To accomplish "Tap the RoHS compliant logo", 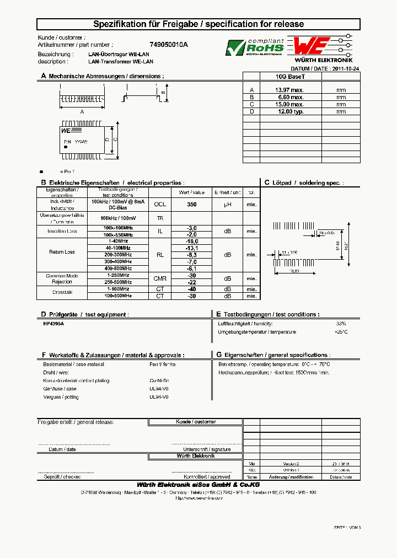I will (x=254, y=47).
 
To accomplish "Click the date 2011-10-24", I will (x=346, y=68).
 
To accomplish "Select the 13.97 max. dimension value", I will (x=289, y=89).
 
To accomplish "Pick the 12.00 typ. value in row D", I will (x=289, y=111).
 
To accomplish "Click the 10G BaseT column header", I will (x=289, y=77).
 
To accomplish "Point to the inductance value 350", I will (x=192, y=204).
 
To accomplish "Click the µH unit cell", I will (x=227, y=204).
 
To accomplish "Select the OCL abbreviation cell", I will (x=160, y=204).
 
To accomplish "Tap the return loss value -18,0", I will (x=192, y=242).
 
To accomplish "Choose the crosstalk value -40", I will (x=192, y=289).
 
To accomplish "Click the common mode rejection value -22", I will (x=192, y=282).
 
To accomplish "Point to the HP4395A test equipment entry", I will (x=53, y=324).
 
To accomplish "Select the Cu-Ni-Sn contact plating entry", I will (x=159, y=380).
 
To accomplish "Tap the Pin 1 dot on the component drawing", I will (x=66, y=147).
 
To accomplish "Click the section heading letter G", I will (x=219, y=355).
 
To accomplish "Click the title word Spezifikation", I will (x=116, y=24).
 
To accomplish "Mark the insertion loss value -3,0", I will (x=192, y=228).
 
